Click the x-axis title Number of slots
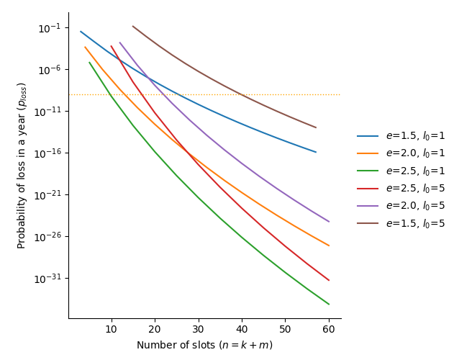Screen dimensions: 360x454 tap(204, 346)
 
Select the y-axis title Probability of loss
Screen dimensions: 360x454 tap(22, 166)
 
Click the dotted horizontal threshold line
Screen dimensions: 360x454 tap(216, 94)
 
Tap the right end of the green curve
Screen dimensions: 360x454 tap(329, 304)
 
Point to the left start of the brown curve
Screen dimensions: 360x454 tap(133, 26)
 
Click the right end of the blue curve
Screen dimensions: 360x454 tap(316, 152)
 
